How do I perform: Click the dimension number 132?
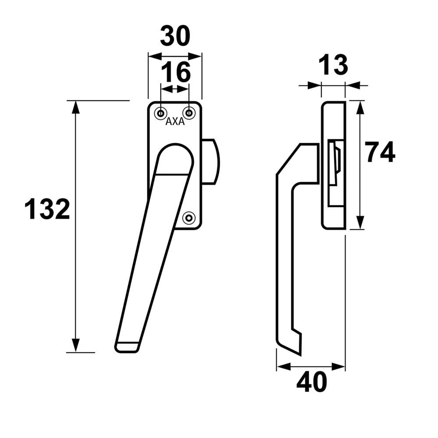[47, 209]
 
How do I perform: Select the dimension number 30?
[175, 36]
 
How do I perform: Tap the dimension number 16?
[176, 72]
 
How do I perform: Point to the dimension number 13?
[333, 66]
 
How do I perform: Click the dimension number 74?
[381, 152]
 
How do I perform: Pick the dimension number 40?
[311, 382]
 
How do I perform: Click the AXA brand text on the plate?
[175, 122]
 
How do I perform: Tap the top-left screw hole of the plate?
[161, 113]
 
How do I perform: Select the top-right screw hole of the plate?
[189, 113]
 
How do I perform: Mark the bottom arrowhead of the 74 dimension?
[360, 223]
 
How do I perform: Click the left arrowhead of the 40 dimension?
[283, 367]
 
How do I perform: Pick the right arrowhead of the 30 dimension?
[196, 56]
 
